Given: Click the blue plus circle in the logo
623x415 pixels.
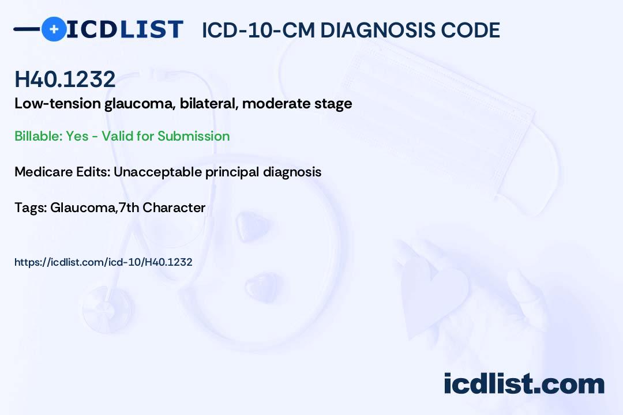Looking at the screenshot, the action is tap(54, 29).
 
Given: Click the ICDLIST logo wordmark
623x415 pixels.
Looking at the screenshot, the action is tap(125, 29).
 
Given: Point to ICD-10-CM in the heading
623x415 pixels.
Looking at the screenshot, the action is tap(258, 31).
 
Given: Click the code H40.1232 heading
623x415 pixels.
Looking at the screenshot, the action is tap(65, 79).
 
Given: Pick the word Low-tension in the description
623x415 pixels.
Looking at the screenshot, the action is tap(58, 104).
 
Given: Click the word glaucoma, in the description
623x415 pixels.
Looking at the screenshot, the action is tap(140, 104).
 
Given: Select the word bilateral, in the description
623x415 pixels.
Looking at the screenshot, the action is tap(209, 104).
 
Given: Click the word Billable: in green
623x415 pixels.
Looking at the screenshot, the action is tap(38, 136).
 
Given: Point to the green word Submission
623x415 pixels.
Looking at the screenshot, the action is tap(193, 136).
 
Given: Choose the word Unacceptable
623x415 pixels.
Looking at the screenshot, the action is tap(157, 172).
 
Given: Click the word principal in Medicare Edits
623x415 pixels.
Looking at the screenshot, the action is tap(232, 172).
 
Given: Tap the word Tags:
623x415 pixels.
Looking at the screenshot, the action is tap(31, 207).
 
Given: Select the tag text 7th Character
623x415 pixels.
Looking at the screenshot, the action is tap(162, 207).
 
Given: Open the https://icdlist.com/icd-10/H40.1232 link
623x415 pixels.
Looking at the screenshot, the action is tap(103, 262).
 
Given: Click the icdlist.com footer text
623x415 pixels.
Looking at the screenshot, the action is tap(524, 383).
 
